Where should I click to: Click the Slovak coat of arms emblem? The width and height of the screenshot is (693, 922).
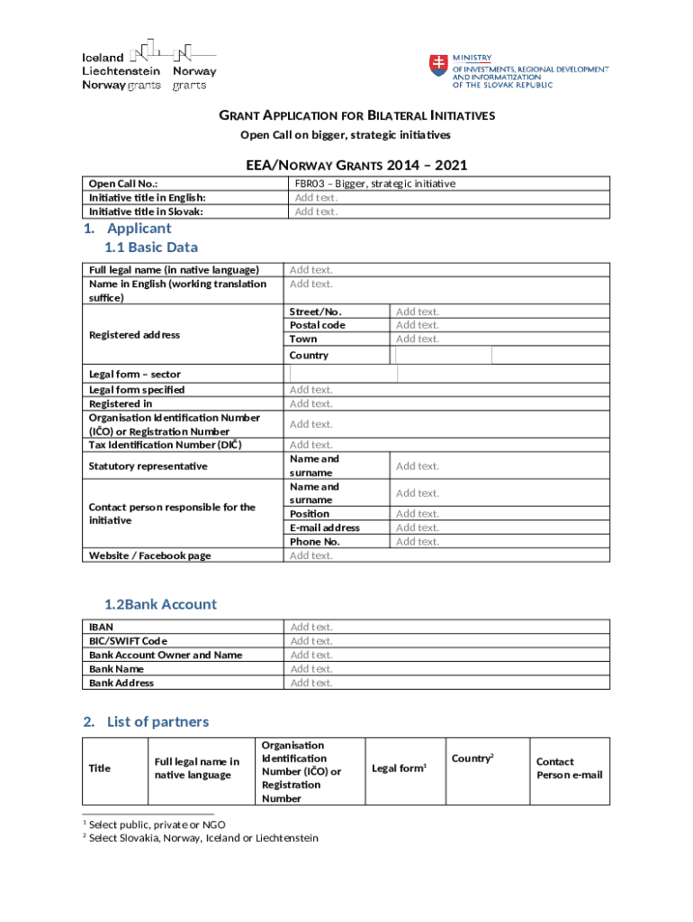438,65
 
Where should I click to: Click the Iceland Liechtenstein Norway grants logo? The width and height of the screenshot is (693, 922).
148,65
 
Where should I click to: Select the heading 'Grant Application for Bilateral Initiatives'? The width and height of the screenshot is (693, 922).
357,116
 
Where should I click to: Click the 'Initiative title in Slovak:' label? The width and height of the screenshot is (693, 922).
145,212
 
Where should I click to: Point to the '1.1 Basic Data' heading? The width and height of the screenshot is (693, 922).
151,248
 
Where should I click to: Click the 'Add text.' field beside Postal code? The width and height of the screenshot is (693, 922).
418,325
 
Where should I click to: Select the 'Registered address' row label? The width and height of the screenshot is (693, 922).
134,335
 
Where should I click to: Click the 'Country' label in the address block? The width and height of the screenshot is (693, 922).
309,356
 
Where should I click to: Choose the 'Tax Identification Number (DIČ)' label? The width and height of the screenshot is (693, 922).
165,445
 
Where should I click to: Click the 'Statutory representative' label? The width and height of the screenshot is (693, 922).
148,466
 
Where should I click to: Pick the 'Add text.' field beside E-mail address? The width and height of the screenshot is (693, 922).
418,528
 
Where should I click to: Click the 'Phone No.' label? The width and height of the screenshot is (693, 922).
314,542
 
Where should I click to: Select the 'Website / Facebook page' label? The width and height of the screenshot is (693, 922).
149,556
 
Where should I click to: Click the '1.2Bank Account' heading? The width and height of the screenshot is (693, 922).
160,604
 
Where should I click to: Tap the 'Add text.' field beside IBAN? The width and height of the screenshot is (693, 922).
311,627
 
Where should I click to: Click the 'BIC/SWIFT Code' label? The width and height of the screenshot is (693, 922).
128,641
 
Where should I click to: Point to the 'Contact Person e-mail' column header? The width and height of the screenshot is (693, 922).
569,768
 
